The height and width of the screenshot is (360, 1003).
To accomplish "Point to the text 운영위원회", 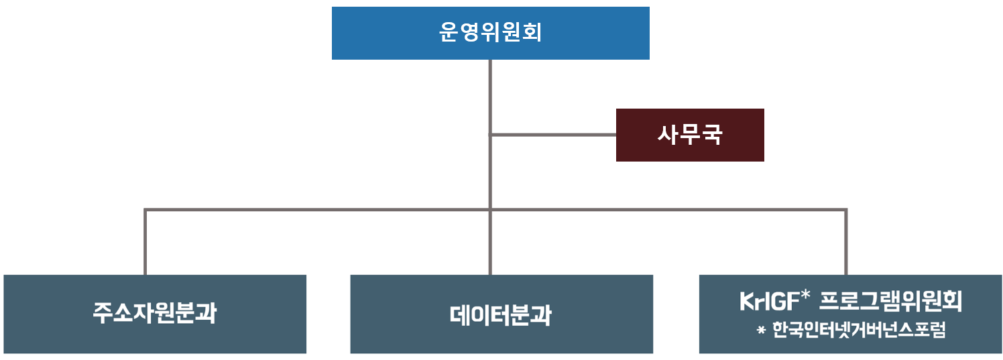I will click(490, 33).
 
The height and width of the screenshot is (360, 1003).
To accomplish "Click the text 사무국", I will click(690, 135).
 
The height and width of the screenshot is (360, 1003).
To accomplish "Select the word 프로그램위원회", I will click(891, 302).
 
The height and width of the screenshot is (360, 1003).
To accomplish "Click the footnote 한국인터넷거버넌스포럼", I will click(859, 331).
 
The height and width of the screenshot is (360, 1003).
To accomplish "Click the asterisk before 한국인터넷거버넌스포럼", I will click(761, 331).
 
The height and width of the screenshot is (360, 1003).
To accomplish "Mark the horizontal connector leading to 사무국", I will click(553, 135).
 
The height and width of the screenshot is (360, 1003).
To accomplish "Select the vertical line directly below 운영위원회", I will click(490, 94).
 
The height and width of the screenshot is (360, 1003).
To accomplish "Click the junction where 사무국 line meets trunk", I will click(490, 135).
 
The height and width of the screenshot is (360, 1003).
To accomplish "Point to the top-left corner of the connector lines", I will click(145, 210).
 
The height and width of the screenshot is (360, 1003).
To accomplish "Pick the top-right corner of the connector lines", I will click(845, 210).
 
